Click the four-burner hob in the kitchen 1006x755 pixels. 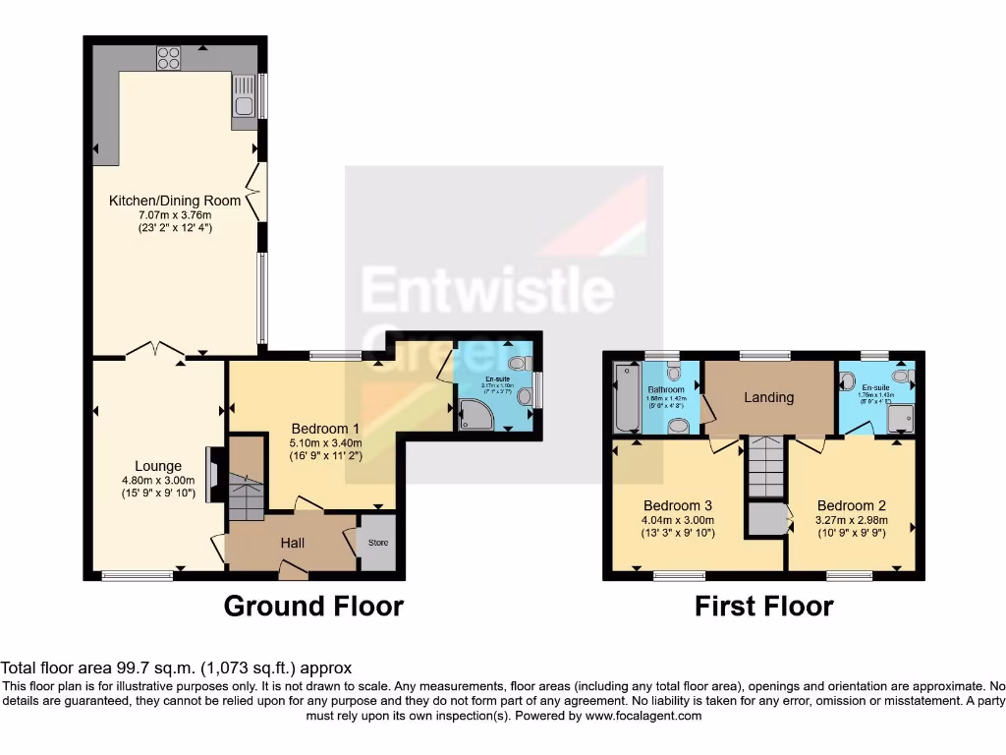pos(167,57)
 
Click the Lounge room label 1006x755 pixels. pos(158,466)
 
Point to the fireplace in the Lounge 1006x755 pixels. pos(211,475)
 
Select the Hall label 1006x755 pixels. pos(292,543)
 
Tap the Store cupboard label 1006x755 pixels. pos(377,542)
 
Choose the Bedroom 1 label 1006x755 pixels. pos(325,429)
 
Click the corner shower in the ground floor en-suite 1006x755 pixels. pos(475,416)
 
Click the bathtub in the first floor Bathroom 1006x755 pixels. pos(626,397)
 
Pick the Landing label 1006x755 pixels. pos(768,397)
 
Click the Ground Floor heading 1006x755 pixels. pos(313,606)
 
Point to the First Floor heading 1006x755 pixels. pos(763,606)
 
